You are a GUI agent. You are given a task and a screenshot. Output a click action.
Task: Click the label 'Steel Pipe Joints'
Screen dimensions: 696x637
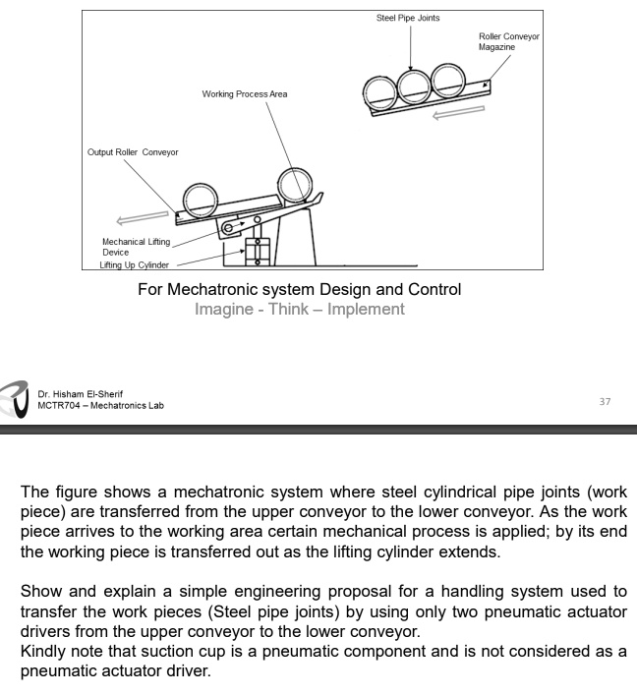pos(408,18)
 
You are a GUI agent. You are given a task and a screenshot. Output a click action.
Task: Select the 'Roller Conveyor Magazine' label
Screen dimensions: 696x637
pos(508,41)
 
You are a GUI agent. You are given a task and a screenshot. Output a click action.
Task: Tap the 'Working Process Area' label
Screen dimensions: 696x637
pos(245,94)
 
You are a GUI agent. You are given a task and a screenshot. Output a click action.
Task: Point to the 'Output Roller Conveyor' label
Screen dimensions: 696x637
pos(133,152)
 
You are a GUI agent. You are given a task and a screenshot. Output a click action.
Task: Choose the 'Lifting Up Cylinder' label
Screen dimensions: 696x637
pos(135,265)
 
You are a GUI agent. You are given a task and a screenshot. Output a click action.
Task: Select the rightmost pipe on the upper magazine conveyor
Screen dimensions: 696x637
pos(445,82)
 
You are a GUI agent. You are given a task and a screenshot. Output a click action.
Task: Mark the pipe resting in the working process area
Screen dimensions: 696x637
pos(295,185)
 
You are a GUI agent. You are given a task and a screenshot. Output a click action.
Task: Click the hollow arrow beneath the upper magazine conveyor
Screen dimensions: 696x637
pos(458,113)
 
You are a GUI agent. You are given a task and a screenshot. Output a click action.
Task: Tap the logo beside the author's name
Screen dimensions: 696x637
pos(16,399)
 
